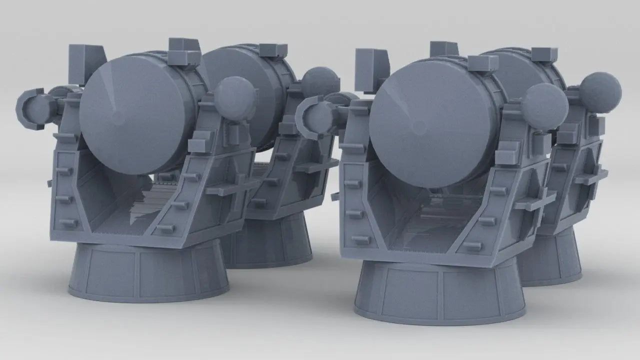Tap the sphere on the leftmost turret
point(234,97)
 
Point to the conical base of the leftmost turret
point(148,272)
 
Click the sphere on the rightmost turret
point(600,92)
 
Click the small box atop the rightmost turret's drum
point(544,54)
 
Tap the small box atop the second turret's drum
point(274,49)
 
